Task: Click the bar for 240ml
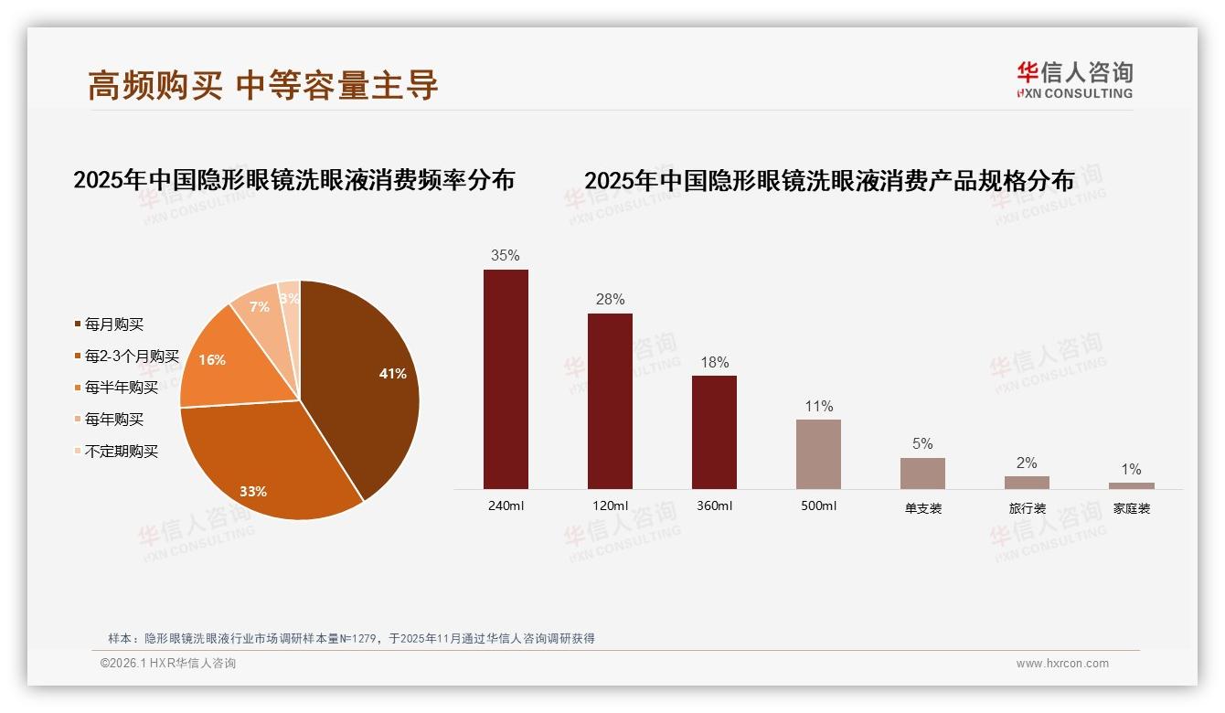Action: (x=506, y=378)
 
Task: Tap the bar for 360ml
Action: (x=714, y=431)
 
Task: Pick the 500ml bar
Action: (x=818, y=453)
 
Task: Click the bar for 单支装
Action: (x=922, y=473)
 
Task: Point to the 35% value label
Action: (x=506, y=256)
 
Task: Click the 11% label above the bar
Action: (x=818, y=406)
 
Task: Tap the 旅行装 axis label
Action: (x=1027, y=508)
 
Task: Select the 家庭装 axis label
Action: (x=1131, y=508)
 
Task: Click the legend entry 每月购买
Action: (x=113, y=325)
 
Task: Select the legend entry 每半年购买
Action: (x=121, y=388)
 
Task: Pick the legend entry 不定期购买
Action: (x=121, y=452)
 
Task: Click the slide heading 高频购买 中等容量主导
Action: (x=263, y=85)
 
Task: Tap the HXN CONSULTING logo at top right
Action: (x=1074, y=80)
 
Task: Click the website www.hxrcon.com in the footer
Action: (x=1062, y=664)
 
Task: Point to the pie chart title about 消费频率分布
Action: (x=293, y=180)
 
